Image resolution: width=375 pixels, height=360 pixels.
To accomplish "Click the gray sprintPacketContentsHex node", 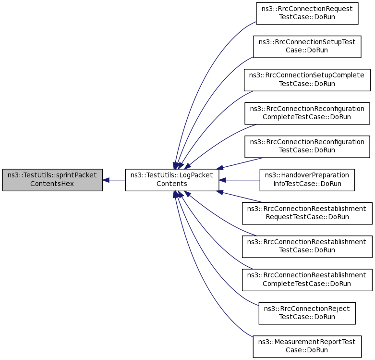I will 52,180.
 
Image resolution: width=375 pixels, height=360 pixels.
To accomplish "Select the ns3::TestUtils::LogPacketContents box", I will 172,180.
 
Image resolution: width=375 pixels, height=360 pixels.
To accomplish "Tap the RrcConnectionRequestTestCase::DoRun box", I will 307,13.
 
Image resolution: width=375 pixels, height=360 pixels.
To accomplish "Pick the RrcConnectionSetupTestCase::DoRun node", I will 307,46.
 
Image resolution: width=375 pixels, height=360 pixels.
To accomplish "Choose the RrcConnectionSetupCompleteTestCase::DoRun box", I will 307,79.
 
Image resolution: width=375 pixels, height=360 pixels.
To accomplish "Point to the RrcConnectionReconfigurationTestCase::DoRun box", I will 307,146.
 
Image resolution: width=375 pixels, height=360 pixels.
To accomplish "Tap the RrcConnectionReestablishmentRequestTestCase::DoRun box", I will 307,212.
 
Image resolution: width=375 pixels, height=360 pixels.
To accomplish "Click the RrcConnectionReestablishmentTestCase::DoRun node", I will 307,245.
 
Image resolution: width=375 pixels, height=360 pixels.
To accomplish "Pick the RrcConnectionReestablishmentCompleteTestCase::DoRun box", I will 307,278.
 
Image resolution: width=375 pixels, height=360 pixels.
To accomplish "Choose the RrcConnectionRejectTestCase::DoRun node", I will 307,311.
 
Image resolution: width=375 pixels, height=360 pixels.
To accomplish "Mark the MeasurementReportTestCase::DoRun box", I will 307,345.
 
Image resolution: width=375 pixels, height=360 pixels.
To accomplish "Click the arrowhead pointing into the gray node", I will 107,180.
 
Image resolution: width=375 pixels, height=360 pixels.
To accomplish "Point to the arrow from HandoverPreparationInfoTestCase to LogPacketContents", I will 240,180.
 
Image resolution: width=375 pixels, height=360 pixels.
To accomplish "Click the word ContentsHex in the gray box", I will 52,184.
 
